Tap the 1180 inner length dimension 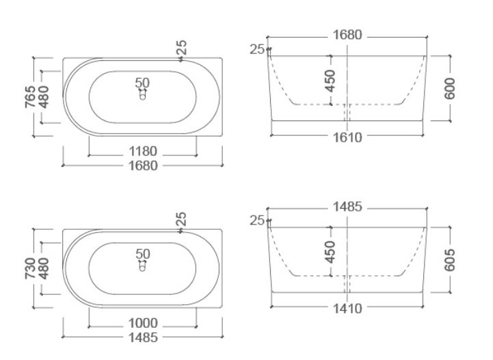coord(143,151)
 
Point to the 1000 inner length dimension coord(143,323)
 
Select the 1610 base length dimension coord(347,137)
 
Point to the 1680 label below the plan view coord(143,166)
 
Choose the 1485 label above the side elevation coord(347,206)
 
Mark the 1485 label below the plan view coord(143,337)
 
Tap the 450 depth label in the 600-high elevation coord(330,81)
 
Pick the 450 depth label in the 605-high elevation coord(330,252)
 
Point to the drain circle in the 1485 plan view coord(143,268)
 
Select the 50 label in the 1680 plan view coord(142,83)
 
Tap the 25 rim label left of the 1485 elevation coord(256,220)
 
